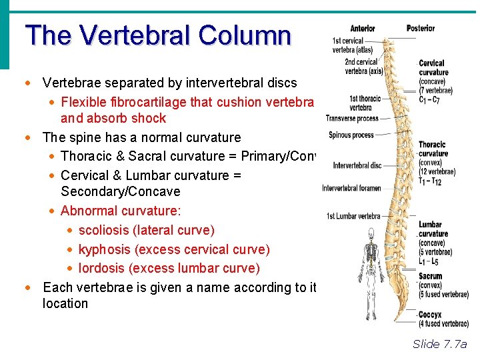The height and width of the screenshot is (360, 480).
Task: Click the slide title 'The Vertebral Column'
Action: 158,35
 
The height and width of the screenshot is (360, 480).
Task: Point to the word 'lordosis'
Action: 103,268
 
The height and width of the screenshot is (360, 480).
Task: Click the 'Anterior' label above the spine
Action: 363,29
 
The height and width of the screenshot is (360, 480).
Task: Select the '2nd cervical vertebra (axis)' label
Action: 363,67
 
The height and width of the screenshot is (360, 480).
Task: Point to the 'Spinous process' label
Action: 351,135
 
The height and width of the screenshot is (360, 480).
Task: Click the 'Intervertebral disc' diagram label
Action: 357,165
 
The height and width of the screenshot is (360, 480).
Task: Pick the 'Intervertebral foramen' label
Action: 351,188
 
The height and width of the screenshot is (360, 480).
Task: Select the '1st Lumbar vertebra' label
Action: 353,216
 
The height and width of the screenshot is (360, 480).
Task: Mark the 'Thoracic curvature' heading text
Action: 432,149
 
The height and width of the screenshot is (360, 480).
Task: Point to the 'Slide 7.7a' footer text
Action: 439,344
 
